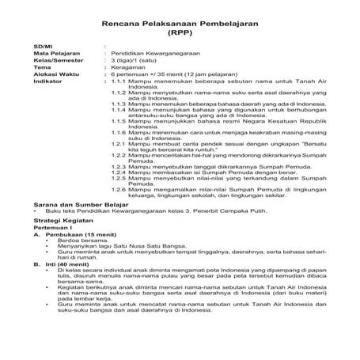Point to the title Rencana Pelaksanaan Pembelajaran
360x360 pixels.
180,21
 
